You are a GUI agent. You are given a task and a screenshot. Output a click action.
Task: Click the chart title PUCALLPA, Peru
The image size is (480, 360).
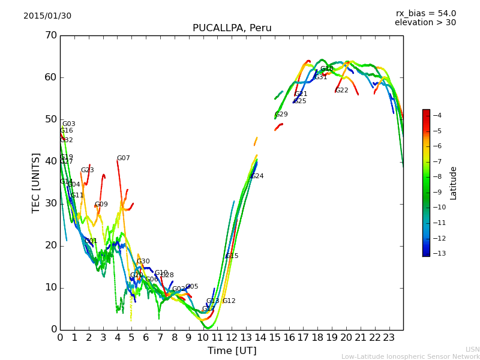pos(232,28)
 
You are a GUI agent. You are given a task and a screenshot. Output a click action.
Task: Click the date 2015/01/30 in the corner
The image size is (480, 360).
pos(47,16)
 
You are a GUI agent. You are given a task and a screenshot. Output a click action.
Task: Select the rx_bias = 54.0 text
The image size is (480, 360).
pos(425,13)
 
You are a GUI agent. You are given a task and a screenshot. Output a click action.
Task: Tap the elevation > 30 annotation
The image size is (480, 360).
pos(425,23)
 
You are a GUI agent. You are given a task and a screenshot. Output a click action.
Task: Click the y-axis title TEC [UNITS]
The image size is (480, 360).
pos(36,182)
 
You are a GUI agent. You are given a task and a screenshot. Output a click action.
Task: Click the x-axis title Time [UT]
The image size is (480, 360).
pos(232,351)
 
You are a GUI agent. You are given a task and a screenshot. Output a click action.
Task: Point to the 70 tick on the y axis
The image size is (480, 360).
pos(50,35)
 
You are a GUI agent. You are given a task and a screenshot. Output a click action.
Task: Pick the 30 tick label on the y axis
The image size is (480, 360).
pos(50,203)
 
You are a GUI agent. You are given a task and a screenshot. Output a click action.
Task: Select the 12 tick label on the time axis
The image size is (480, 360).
pos(232,337)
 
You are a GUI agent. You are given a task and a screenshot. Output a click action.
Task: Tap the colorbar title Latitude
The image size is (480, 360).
pos(454,183)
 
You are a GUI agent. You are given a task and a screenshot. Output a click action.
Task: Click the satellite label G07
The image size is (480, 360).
pos(123,158)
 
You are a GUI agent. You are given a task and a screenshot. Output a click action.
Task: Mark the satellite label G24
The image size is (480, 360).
pos(257,176)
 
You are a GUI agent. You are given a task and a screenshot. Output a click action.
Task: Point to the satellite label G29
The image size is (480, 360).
pos(281,115)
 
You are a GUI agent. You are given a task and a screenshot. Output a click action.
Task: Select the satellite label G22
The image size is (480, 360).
pos(341,91)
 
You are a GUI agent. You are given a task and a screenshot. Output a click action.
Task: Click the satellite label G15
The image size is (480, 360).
pos(232,256)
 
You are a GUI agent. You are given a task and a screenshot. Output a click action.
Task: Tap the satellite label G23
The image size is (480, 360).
pos(87,170)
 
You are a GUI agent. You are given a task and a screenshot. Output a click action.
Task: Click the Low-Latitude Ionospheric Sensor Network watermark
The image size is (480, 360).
pos(410,356)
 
